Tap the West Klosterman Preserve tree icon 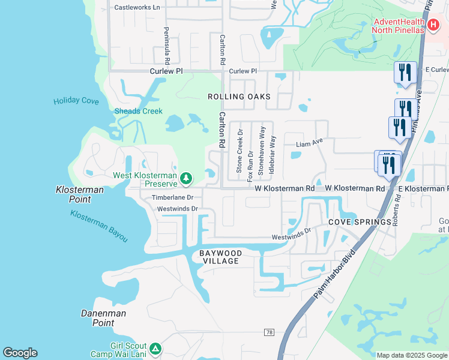coord(187,178)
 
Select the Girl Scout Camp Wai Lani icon coord(155,349)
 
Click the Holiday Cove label coord(76,101)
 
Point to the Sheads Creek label coord(139,111)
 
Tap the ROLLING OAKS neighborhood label coord(239,97)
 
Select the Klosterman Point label coord(81,194)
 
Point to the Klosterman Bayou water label coord(99,226)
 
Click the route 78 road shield coord(269,332)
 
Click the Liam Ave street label coord(310,144)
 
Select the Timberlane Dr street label coord(172,197)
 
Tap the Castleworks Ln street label coord(137,8)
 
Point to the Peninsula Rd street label coord(166,46)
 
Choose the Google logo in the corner coord(20,353)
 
